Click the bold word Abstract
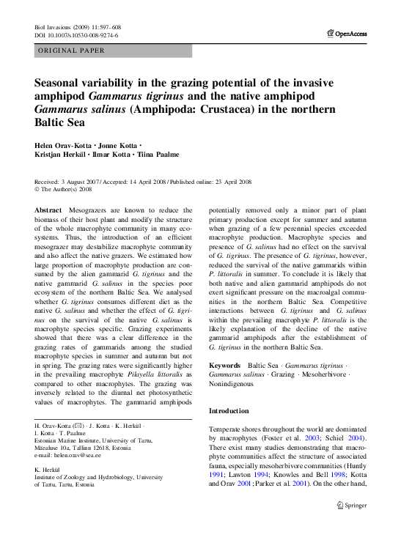pos(48,210)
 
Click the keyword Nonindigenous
pos(234,383)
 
